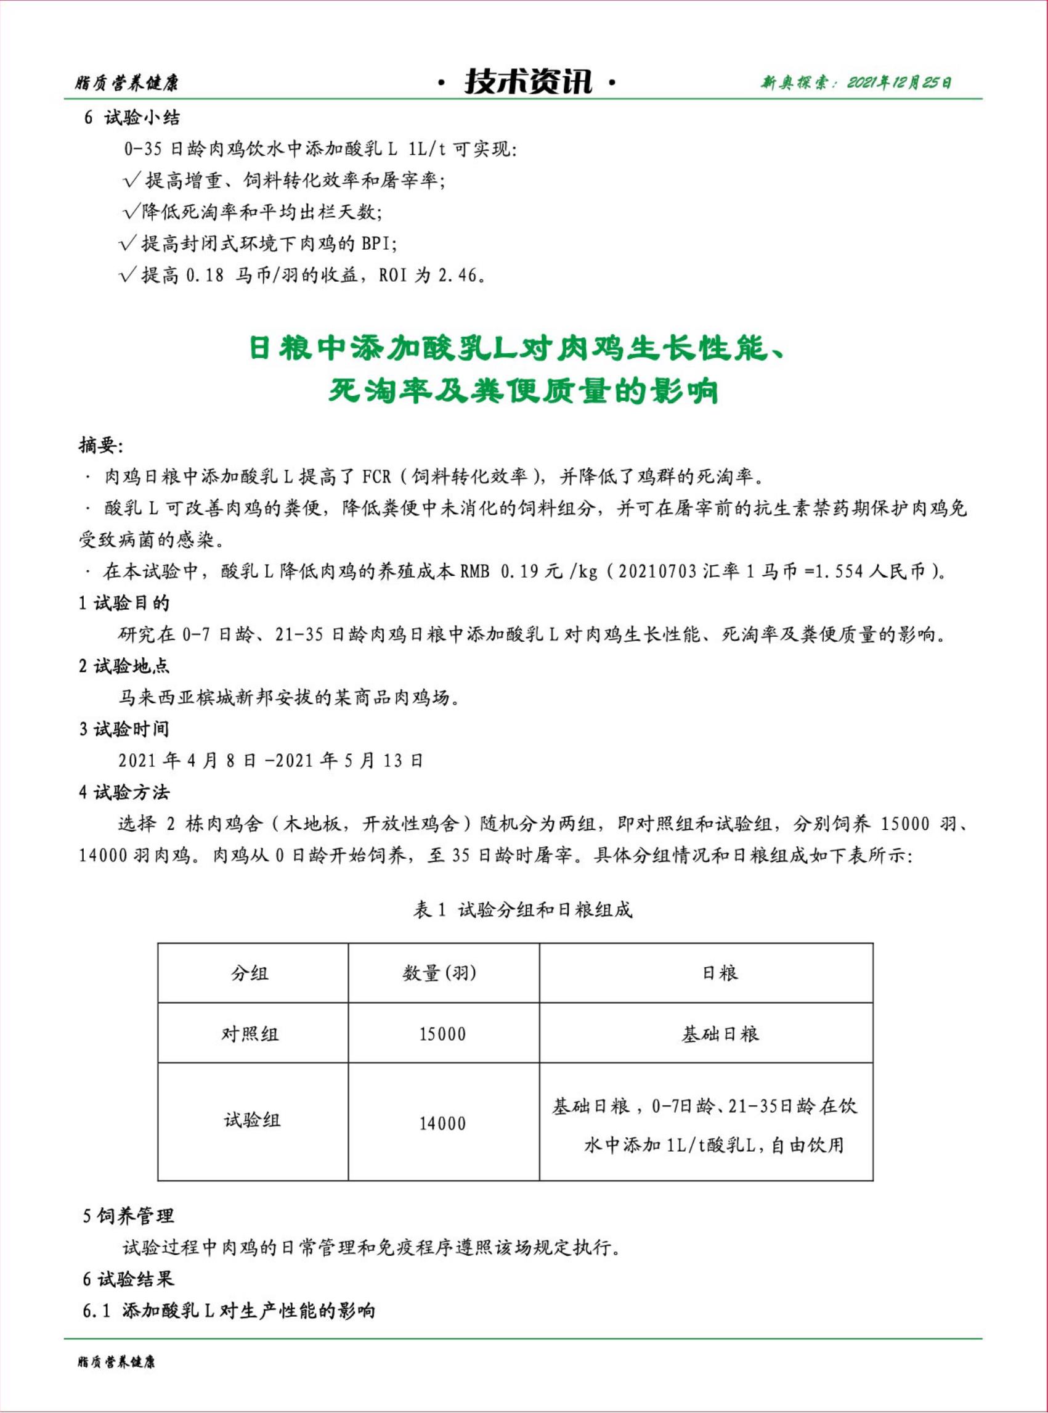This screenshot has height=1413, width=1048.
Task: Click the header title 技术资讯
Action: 528,82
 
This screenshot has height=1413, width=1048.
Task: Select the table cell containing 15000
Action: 442,1034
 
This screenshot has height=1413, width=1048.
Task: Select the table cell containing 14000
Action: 442,1123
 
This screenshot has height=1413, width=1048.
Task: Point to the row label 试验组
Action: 251,1120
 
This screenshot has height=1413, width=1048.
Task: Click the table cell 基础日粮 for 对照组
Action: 720,1034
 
